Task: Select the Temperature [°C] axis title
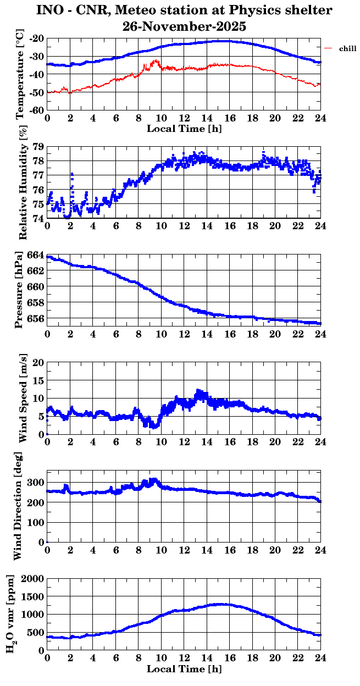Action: coord(20,74)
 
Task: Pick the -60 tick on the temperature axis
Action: coord(37,110)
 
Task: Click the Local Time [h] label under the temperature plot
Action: coord(184,129)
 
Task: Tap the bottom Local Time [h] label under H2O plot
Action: coord(184,669)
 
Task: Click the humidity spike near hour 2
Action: coord(71,174)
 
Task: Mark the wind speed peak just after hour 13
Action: coord(198,391)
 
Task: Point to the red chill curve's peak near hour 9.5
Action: coord(156,60)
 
